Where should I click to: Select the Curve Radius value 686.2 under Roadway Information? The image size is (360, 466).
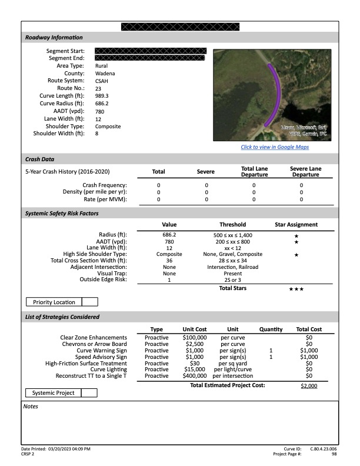pos(102,104)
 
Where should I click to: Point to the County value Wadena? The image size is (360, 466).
pos(105,74)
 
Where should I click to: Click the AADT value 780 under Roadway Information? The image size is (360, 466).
pos(99,111)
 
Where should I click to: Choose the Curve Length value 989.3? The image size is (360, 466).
pos(102,96)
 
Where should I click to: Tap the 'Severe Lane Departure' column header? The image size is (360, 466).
pos(301,171)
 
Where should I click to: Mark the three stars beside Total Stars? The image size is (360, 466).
pos(296,289)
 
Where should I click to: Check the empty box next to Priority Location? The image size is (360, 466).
pos(89,302)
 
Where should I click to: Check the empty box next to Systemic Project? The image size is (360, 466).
pos(89,392)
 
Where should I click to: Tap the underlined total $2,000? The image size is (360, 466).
pos(309,386)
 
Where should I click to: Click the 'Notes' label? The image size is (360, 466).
pos(31,406)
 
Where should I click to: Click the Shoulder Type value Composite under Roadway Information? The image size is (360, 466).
pos(108,127)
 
